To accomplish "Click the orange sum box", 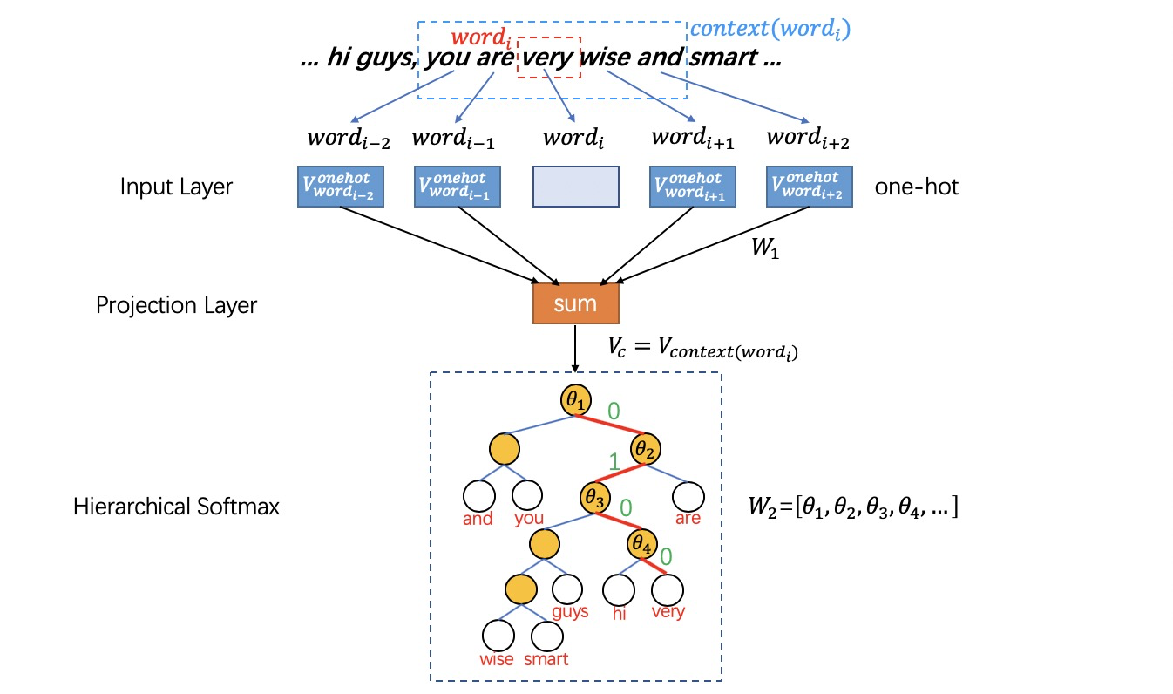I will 575,303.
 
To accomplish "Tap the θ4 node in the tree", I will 641,545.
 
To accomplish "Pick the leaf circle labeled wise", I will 498,636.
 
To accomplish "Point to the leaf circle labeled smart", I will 547,636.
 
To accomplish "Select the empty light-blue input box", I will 575,187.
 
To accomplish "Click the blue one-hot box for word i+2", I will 809,187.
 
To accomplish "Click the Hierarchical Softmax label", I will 176,507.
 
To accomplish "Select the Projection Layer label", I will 176,305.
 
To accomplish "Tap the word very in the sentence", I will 548,59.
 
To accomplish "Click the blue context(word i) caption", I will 770,29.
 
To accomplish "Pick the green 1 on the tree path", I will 614,461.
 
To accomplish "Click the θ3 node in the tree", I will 594,499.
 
